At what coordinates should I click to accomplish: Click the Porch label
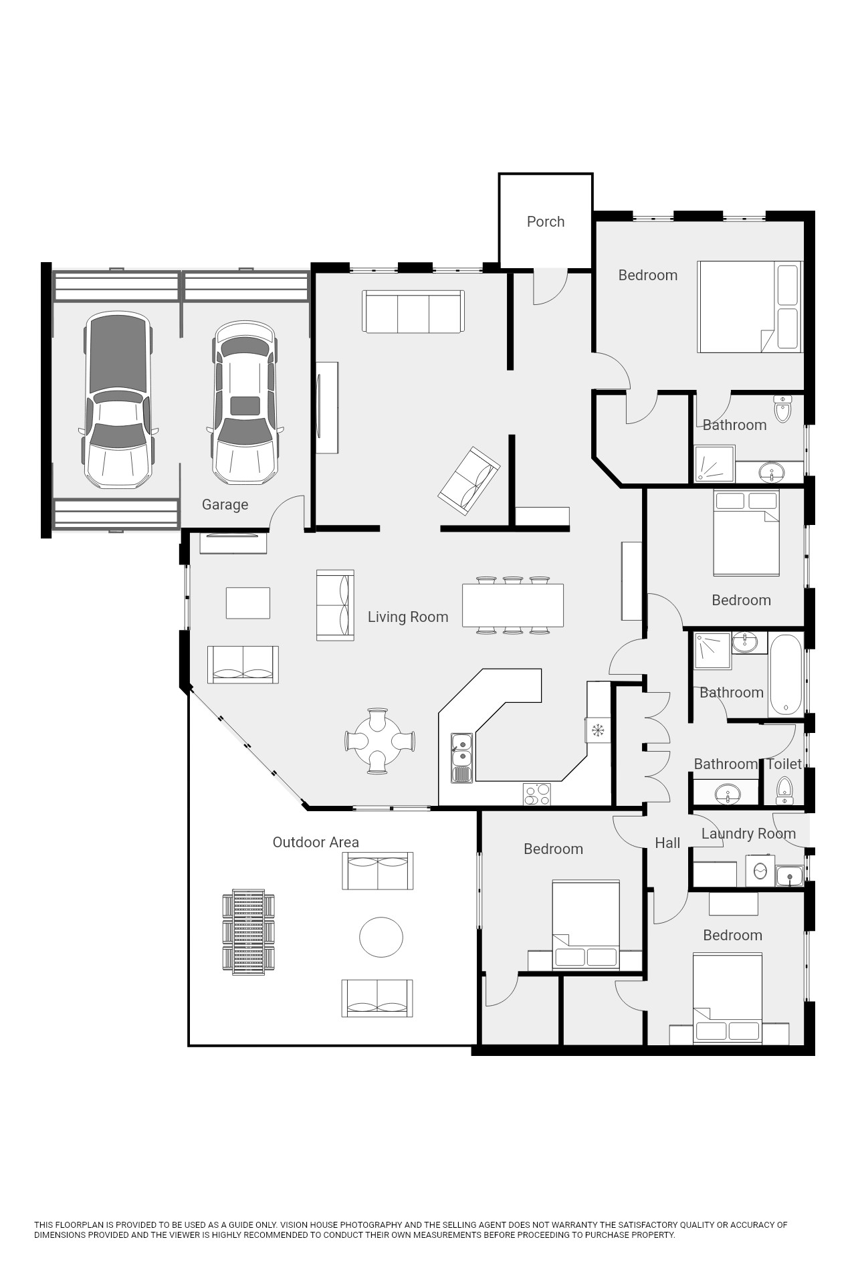[546, 222]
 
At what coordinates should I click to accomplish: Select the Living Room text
[408, 617]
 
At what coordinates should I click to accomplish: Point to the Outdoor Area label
[316, 843]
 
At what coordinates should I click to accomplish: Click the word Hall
[667, 843]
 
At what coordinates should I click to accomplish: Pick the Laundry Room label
[748, 834]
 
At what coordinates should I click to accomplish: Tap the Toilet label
[784, 764]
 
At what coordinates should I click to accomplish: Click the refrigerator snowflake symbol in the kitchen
[598, 730]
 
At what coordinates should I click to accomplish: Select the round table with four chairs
[379, 741]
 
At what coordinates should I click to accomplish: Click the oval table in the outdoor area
[381, 937]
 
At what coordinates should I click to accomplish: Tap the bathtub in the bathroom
[785, 675]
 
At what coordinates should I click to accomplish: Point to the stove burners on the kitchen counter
[537, 794]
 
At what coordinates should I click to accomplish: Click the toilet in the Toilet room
[784, 791]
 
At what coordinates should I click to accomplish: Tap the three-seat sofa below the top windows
[413, 311]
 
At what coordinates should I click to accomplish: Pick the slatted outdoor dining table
[249, 932]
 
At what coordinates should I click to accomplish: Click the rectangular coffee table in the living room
[248, 603]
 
